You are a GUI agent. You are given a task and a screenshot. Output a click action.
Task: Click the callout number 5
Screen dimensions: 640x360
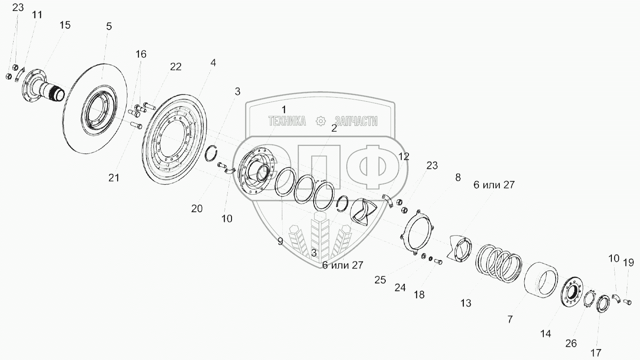click(x=108, y=26)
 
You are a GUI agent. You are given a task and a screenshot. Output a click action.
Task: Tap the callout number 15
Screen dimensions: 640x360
click(x=65, y=25)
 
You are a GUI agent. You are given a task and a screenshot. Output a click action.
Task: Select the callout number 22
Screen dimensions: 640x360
click(x=176, y=67)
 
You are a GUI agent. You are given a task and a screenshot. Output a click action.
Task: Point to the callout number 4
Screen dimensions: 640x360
click(x=213, y=63)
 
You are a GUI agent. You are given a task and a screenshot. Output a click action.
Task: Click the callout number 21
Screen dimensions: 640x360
click(x=113, y=178)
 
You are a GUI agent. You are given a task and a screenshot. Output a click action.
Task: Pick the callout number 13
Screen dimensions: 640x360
click(x=466, y=303)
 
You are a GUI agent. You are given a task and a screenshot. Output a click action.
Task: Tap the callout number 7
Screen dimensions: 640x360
click(x=510, y=320)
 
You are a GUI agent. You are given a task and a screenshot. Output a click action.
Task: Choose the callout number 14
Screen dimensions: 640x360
click(x=546, y=334)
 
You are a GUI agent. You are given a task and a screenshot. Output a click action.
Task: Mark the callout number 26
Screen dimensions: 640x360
click(x=571, y=344)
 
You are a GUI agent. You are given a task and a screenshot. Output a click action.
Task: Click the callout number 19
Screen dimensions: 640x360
click(x=628, y=262)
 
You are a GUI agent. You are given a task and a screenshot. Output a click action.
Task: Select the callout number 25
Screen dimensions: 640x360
click(x=380, y=280)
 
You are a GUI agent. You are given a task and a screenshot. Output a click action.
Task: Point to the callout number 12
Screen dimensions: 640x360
click(x=404, y=157)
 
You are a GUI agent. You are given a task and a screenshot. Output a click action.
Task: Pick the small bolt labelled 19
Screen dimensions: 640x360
click(x=627, y=301)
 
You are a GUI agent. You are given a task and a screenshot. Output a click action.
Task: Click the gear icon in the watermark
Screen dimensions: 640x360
click(x=321, y=121)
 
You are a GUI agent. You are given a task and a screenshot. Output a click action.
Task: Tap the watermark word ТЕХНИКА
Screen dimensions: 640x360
click(x=287, y=121)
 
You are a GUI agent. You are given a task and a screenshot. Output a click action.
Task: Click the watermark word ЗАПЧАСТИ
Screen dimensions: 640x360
click(x=356, y=121)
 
